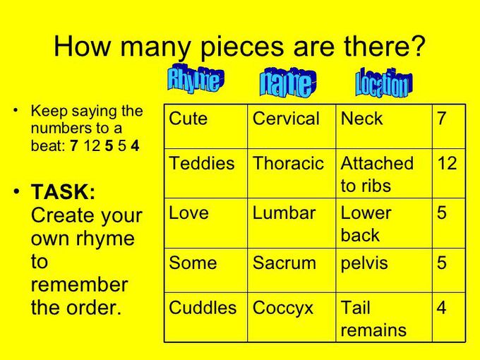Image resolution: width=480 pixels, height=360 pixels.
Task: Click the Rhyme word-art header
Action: tap(196, 79)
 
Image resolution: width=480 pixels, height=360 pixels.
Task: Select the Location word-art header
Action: tap(383, 83)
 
